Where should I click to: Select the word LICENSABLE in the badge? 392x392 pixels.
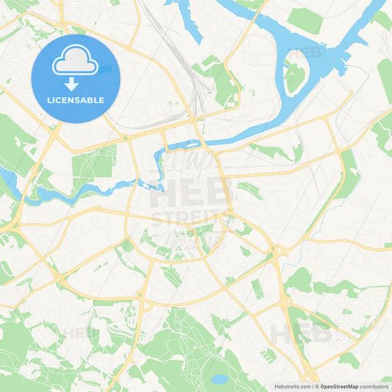coord(76,99)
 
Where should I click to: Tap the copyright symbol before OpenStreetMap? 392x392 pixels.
coord(316,386)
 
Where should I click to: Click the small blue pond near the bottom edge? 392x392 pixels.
coord(219,379)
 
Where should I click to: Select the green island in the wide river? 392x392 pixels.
coord(295,77)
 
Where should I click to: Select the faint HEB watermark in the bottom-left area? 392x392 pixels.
coord(79,332)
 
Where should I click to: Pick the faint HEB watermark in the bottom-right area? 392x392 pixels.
coord(302,332)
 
